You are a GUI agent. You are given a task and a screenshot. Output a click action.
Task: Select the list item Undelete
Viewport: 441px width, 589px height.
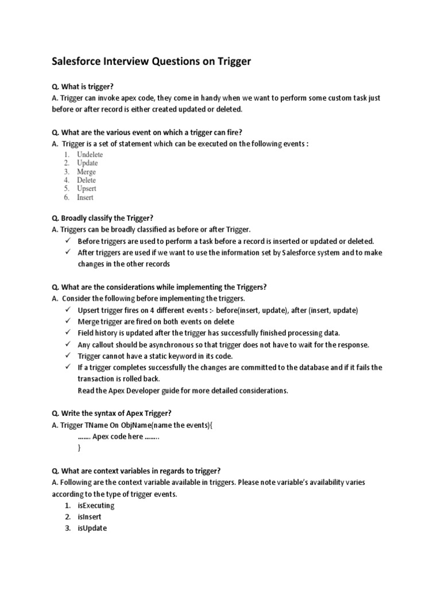(x=90, y=155)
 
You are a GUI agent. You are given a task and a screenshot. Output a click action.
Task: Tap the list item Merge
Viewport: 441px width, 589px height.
(x=86, y=172)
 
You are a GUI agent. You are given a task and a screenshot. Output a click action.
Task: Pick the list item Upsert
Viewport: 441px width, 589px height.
(x=87, y=189)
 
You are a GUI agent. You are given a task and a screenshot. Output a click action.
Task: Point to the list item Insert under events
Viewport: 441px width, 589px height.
(x=85, y=197)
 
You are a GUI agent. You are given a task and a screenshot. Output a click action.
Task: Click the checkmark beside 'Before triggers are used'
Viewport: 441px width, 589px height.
(x=67, y=241)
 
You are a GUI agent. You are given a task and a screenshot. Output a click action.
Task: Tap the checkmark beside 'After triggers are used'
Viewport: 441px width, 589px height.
(x=67, y=253)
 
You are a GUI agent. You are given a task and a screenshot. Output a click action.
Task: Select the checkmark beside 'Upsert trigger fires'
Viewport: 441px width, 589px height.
(x=67, y=310)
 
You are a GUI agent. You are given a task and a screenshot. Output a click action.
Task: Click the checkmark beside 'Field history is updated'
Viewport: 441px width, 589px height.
(x=67, y=333)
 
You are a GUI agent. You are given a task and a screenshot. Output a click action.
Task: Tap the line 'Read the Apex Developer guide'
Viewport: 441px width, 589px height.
(x=183, y=391)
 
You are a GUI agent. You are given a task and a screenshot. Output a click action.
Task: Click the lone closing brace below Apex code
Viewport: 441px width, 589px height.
(x=79, y=448)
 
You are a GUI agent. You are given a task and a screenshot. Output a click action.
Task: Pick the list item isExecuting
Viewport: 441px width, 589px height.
(x=96, y=506)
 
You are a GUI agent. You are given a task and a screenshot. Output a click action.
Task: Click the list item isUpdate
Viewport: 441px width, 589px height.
(x=92, y=529)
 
